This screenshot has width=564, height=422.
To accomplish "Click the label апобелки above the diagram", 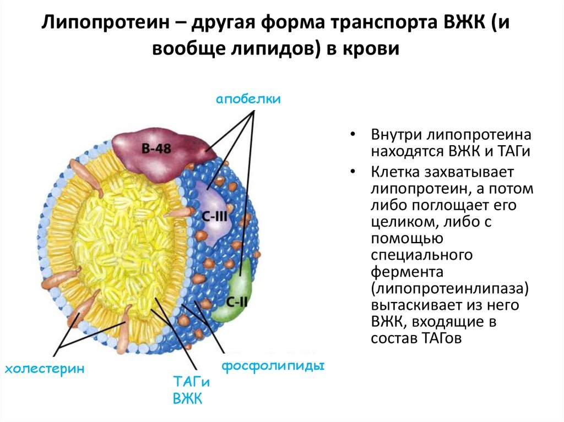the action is (x=248, y=99).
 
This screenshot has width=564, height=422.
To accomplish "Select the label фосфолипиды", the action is (x=272, y=366).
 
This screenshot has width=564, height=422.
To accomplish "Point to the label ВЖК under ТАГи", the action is (x=188, y=398).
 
